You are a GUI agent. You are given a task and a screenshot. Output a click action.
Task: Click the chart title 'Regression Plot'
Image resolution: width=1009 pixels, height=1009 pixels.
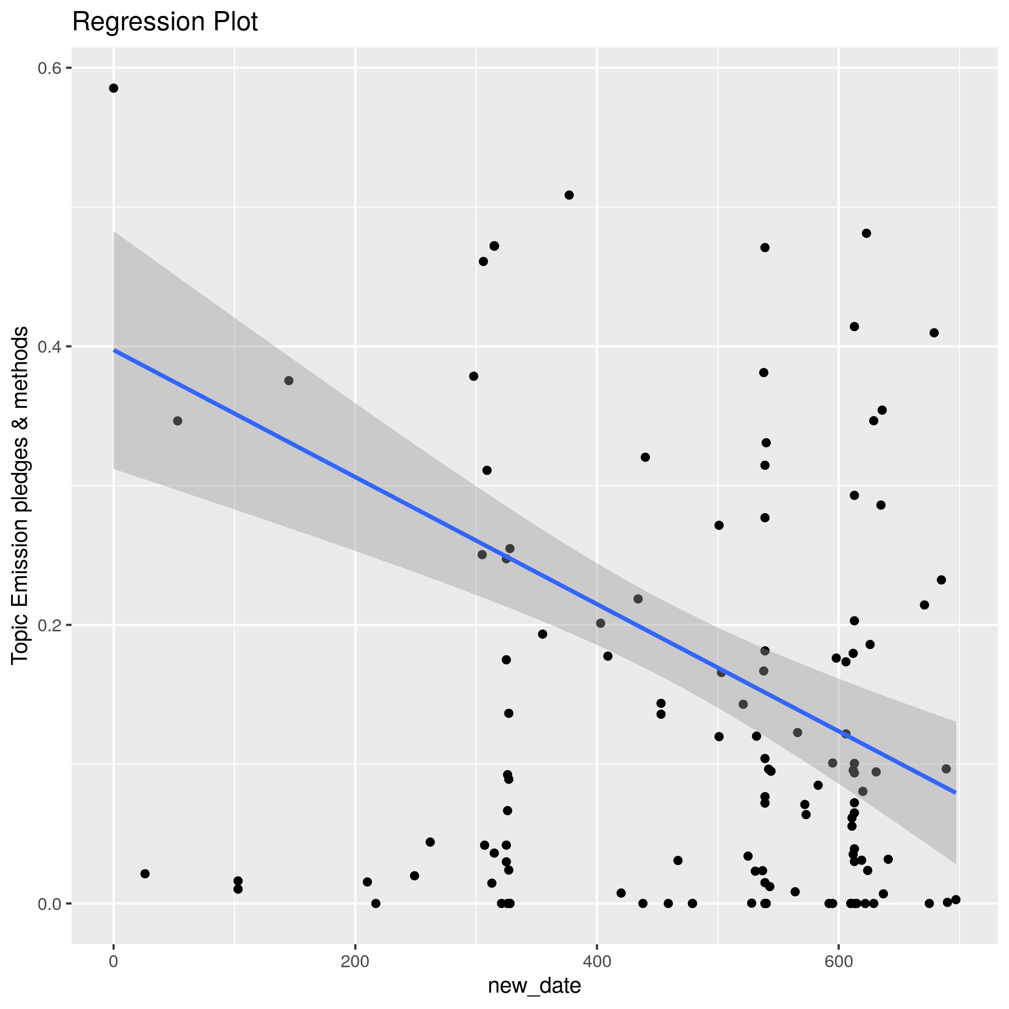(164, 23)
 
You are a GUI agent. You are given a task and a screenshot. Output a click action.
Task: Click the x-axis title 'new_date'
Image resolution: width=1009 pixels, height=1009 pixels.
(534, 985)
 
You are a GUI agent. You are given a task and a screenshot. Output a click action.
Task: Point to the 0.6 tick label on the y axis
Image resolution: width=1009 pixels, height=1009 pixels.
(49, 68)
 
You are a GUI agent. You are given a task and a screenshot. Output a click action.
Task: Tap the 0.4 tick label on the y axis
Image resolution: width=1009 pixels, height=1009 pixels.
(49, 347)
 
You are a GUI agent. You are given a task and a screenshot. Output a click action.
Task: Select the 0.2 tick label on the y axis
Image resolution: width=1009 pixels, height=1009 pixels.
(49, 625)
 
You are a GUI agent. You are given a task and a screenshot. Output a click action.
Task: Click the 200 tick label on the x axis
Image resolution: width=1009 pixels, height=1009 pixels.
(355, 961)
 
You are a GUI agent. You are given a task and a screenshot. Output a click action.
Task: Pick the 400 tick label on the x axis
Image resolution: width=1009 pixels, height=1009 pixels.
(597, 961)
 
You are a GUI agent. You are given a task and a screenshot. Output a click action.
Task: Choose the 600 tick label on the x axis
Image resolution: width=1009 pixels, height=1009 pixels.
(839, 961)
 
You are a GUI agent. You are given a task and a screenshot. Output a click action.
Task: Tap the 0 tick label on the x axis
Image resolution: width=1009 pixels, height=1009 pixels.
(113, 961)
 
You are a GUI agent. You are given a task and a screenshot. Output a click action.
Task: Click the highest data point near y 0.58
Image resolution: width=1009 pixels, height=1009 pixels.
(113, 88)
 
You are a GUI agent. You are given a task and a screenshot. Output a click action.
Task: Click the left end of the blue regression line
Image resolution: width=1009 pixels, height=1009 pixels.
(114, 350)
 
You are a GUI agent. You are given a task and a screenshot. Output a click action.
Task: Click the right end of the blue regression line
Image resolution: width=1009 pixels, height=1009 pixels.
(955, 793)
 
